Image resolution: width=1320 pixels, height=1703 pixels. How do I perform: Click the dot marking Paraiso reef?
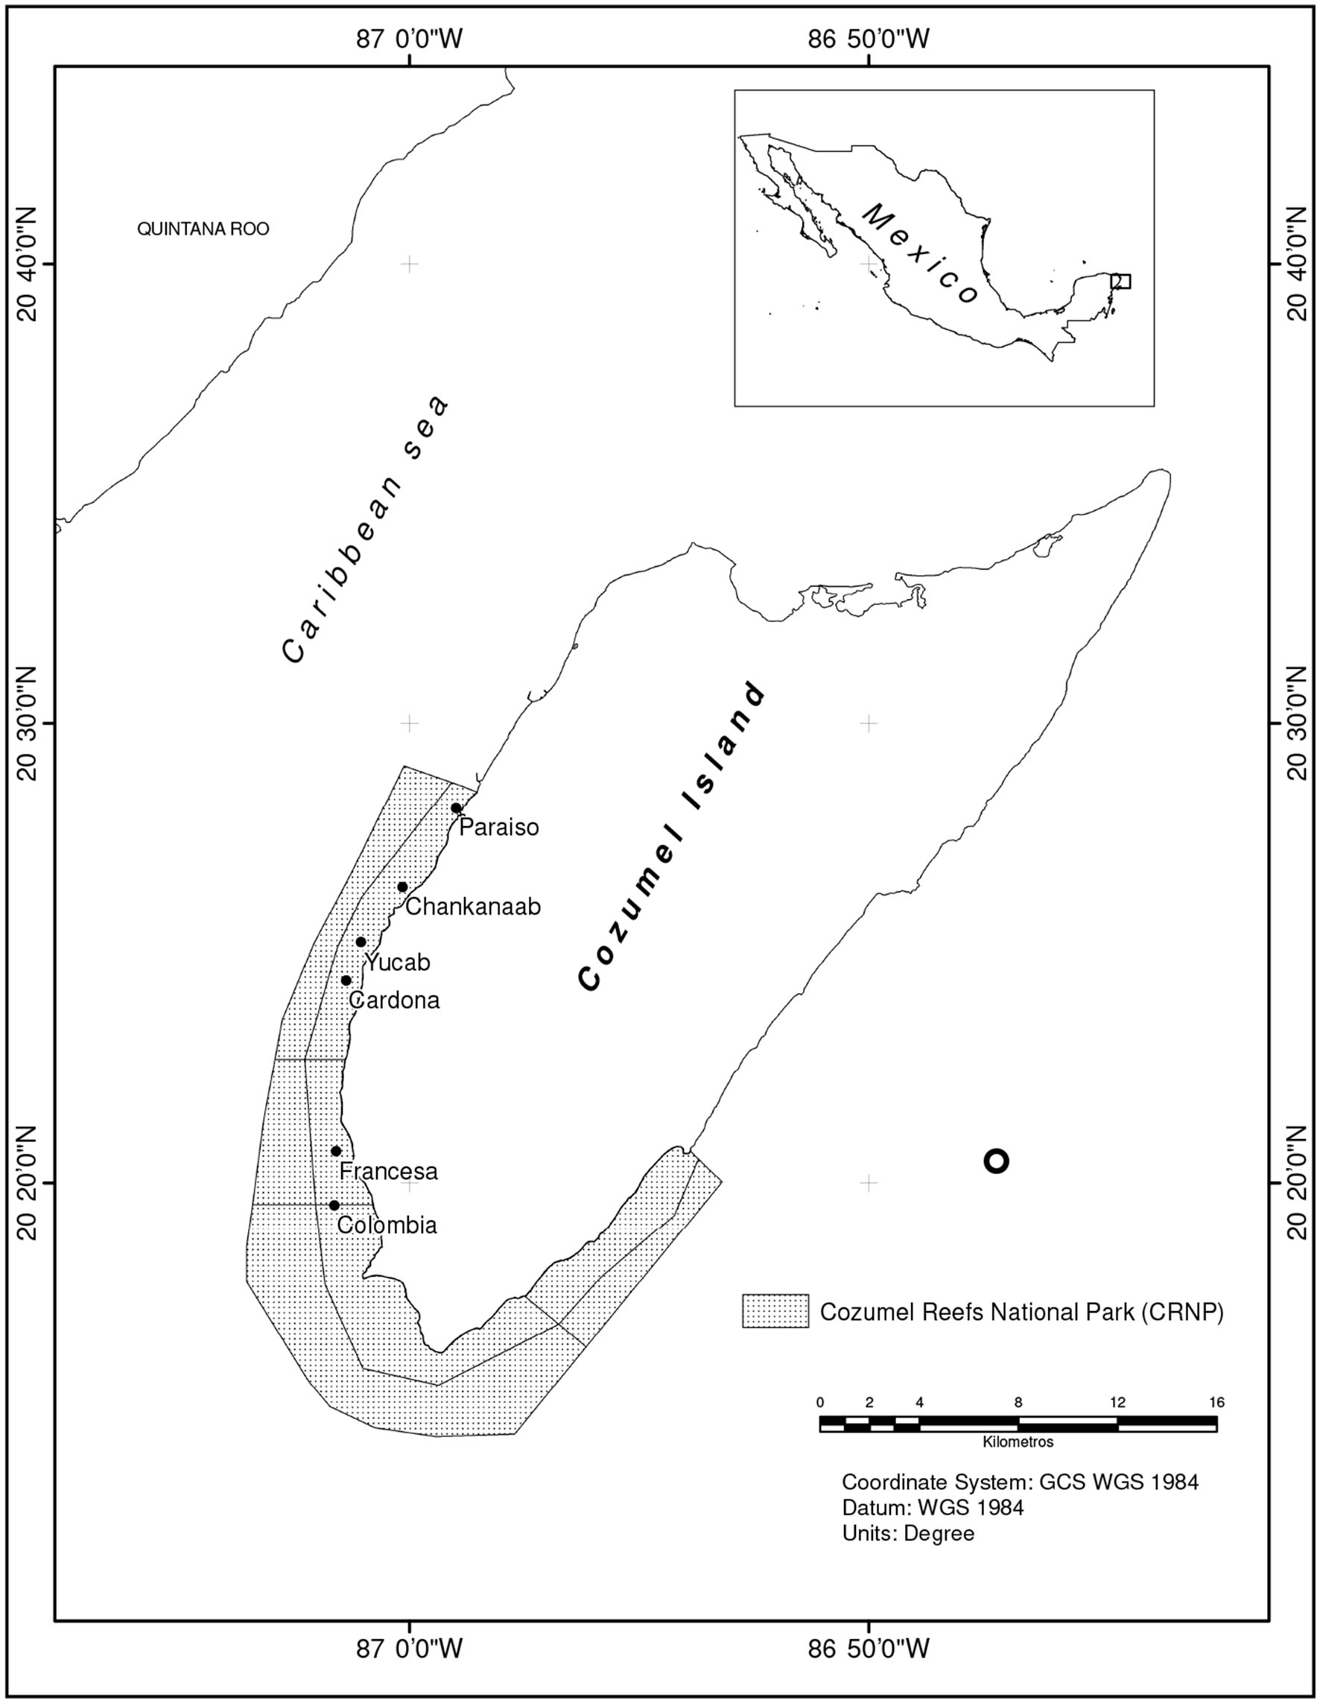(x=456, y=808)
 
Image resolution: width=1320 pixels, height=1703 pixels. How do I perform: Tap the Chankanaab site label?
(x=472, y=906)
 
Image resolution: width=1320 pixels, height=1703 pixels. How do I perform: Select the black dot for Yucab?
(x=361, y=942)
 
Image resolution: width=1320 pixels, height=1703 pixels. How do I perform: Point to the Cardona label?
(x=394, y=1000)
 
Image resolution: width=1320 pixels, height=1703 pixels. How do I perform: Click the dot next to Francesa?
(x=336, y=1151)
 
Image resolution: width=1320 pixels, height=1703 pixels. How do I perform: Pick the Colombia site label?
(x=387, y=1225)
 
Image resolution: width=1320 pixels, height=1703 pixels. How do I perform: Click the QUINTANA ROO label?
(x=203, y=229)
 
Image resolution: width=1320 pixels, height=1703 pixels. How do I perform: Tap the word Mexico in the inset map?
(x=921, y=254)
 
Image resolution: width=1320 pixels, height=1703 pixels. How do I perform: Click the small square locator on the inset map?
(x=1120, y=281)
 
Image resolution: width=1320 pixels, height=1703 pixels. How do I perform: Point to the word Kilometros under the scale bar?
(x=1018, y=1442)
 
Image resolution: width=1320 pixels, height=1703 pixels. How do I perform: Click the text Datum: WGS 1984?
(x=933, y=1507)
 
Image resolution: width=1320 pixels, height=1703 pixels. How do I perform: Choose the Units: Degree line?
(x=907, y=1533)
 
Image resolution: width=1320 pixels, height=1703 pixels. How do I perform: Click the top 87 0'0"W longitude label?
(x=409, y=38)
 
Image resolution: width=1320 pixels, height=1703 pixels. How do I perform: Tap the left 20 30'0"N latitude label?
(x=28, y=723)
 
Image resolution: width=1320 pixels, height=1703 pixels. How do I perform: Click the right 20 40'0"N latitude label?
(x=1296, y=264)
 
